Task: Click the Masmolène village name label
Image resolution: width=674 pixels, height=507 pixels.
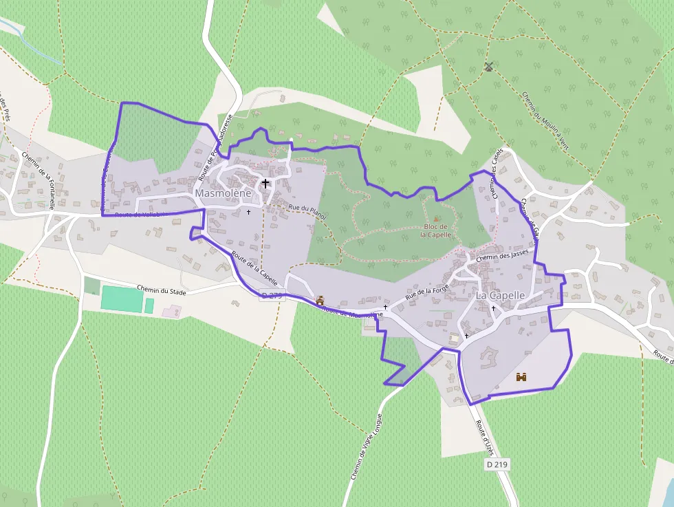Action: click(223, 193)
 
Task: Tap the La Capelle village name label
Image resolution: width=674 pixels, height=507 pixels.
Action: click(500, 295)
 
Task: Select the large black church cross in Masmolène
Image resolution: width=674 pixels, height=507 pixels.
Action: click(265, 184)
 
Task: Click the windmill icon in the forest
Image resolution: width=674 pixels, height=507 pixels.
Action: click(489, 67)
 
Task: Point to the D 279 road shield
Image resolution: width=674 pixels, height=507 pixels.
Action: click(272, 296)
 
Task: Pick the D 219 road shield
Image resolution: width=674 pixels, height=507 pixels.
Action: click(497, 464)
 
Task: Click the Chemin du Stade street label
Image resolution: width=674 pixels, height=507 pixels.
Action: click(162, 290)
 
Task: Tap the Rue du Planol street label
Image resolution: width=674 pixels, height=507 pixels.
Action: click(307, 211)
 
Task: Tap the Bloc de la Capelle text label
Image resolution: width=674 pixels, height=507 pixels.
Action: click(437, 230)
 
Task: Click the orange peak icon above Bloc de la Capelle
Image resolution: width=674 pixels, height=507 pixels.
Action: click(436, 218)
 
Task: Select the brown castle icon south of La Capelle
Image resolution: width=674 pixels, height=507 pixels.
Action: click(521, 377)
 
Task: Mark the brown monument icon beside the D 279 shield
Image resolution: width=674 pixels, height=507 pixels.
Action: click(320, 301)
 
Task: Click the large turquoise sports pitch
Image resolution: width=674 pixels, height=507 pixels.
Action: click(122, 299)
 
